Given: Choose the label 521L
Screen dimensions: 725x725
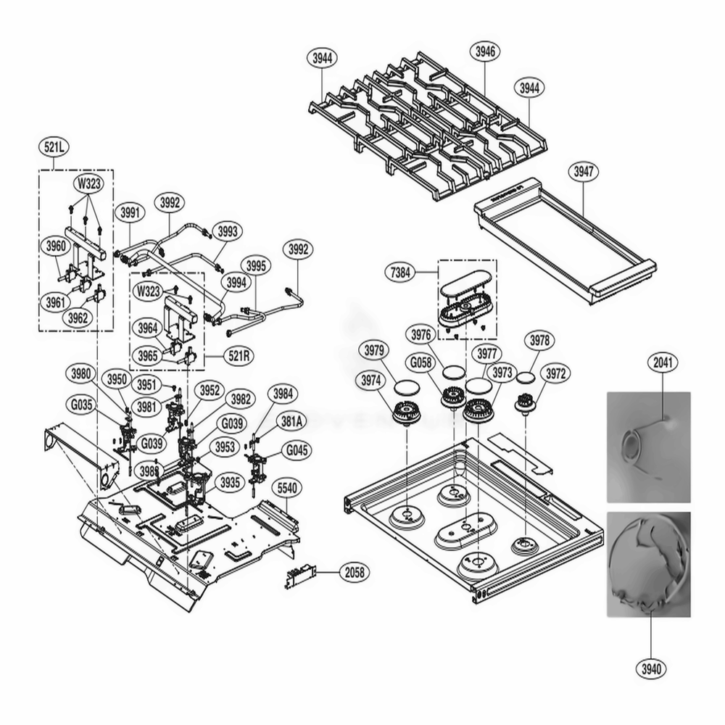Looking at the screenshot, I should [54, 147].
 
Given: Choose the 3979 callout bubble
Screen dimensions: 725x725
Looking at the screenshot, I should [375, 350].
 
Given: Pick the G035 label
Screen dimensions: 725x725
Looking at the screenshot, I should [81, 405].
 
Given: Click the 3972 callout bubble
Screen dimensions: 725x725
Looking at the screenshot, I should [555, 373].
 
